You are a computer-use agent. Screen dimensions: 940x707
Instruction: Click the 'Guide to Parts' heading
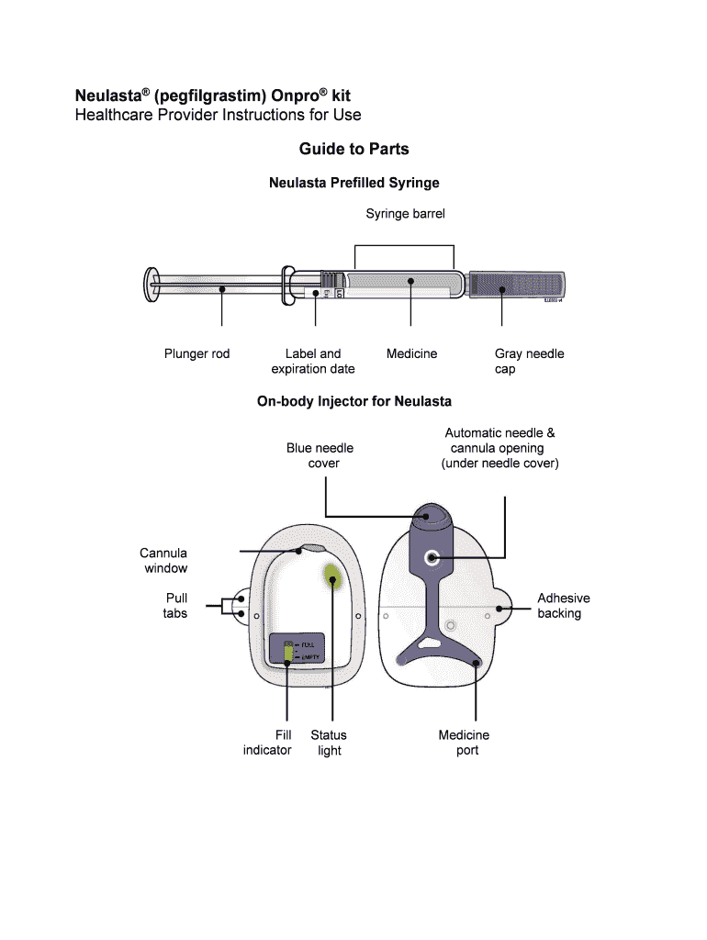[353, 149]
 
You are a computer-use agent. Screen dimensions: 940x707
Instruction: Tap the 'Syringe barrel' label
[405, 214]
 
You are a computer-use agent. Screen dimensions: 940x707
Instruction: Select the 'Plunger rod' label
[196, 353]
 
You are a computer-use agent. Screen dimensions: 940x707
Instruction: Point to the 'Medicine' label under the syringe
[411, 353]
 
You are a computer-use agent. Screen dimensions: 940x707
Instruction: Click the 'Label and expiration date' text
[313, 361]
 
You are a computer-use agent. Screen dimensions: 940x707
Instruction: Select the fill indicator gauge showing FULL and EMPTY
[287, 651]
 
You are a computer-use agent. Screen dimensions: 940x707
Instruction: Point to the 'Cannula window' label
[164, 560]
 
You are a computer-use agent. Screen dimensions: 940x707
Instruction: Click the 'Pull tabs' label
[175, 605]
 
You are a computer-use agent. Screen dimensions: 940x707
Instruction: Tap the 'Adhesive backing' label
[562, 605]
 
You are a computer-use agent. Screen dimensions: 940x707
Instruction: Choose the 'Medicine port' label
[465, 743]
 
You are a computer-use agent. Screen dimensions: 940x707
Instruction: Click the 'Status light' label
[329, 743]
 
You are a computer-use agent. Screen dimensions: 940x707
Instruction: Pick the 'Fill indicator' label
[267, 743]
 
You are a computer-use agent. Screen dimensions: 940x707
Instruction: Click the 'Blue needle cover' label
[320, 455]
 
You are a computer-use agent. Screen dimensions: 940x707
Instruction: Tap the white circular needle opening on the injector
[432, 557]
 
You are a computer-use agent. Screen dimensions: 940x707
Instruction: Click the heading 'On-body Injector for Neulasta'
[353, 401]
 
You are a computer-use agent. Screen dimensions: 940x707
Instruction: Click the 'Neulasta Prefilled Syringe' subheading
[353, 183]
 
